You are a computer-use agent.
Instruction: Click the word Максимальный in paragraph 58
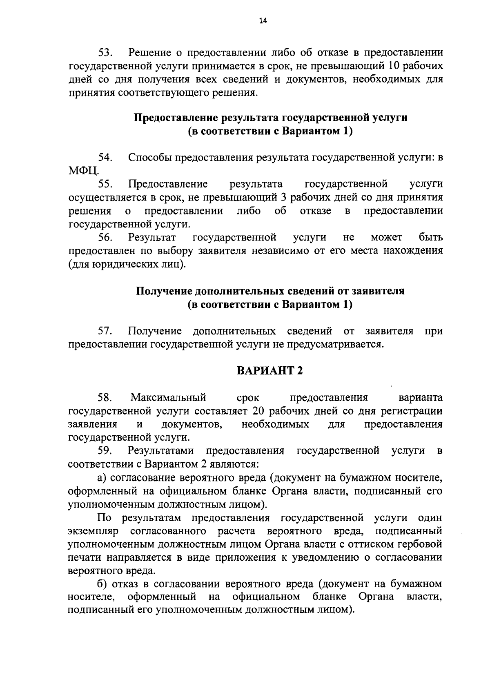click(x=168, y=397)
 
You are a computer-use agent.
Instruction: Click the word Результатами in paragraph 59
click(x=161, y=451)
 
